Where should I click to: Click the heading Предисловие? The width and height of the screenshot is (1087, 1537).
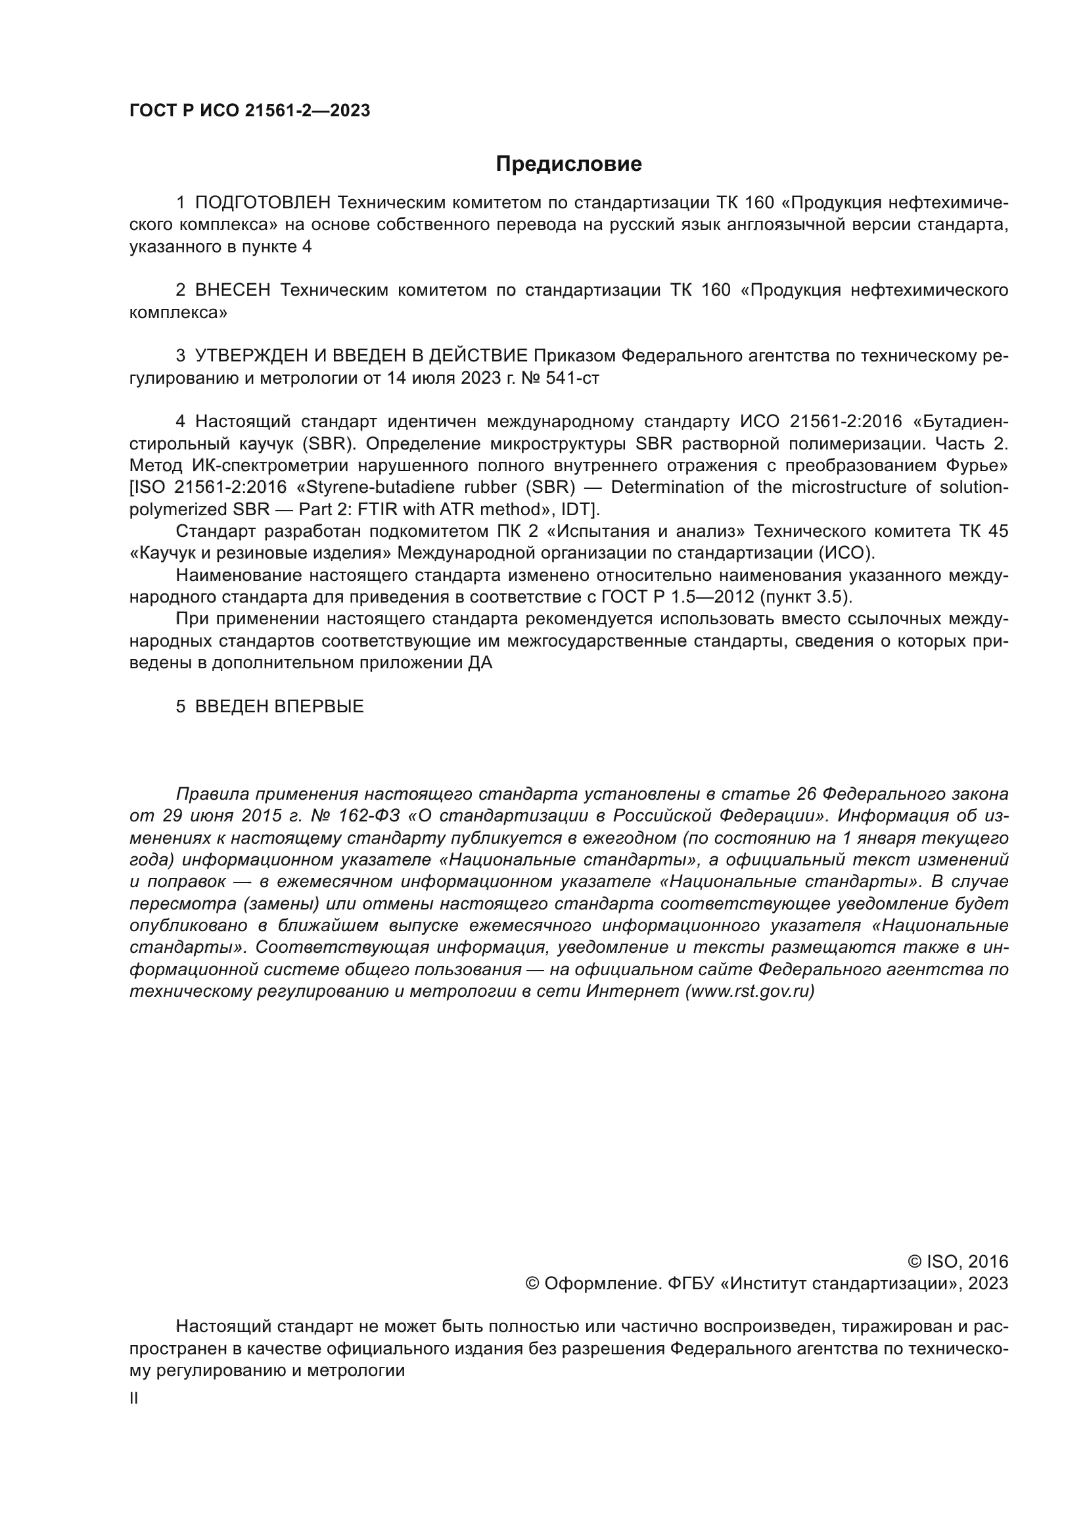click(x=568, y=164)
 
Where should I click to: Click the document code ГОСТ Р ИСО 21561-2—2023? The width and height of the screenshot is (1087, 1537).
click(x=250, y=111)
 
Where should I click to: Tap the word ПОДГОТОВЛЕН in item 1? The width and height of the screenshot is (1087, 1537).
click(x=263, y=203)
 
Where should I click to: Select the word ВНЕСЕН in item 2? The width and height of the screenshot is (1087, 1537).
click(x=233, y=290)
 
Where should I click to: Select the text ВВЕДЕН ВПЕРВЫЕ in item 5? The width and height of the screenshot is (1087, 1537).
click(x=279, y=707)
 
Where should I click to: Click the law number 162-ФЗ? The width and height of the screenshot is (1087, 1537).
click(x=371, y=817)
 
